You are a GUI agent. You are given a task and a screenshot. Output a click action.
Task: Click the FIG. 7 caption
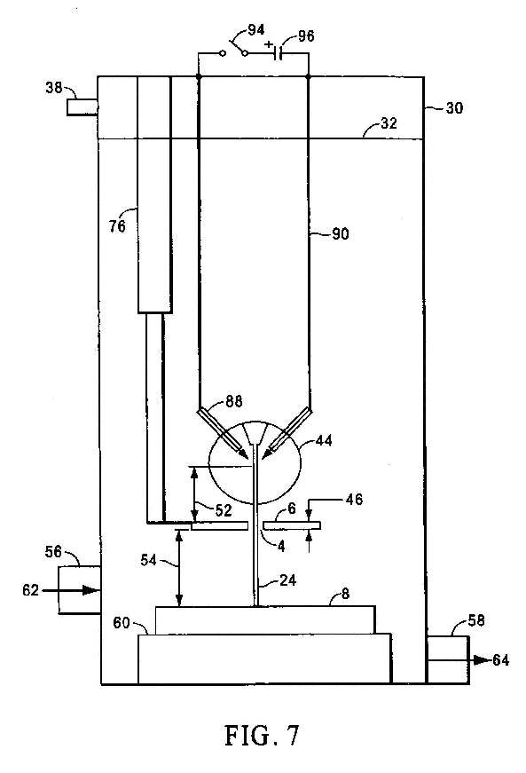(262, 736)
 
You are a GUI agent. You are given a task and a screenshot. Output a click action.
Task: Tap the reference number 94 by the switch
(255, 30)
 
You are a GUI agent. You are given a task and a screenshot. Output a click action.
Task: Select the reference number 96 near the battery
(306, 36)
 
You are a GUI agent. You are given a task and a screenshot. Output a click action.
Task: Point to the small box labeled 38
(82, 107)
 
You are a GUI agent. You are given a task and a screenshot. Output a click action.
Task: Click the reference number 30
(454, 107)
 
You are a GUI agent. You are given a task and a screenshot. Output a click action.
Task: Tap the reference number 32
(389, 122)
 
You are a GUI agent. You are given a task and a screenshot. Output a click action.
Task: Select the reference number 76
(117, 226)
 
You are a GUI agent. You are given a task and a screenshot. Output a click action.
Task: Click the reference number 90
(340, 233)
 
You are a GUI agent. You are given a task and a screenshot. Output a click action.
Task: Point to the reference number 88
(234, 401)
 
